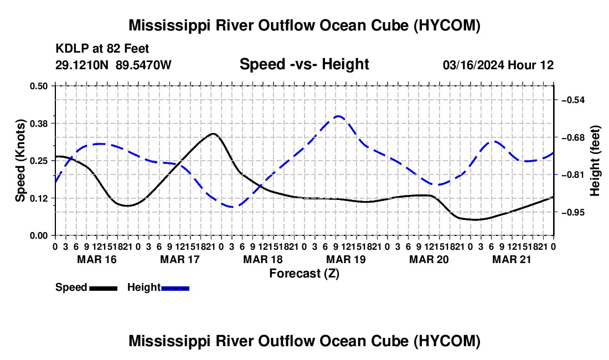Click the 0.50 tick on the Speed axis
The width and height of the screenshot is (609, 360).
(38, 86)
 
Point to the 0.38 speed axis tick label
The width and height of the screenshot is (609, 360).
(38, 124)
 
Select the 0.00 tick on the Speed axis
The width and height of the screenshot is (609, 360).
(38, 236)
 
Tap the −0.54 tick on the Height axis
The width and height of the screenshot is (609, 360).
(573, 100)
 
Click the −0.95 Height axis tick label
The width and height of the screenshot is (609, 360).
(573, 213)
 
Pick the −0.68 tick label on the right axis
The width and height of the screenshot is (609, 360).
(573, 137)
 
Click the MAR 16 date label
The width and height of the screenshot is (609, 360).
(97, 259)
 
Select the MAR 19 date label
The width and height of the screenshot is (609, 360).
(346, 259)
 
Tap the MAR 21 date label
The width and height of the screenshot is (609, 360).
(512, 259)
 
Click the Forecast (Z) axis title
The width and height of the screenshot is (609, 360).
(304, 274)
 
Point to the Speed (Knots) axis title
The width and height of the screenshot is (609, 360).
(20, 161)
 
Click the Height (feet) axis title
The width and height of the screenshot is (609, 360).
(595, 161)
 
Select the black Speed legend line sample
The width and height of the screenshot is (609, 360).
(104, 288)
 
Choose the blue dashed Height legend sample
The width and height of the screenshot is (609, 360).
(175, 288)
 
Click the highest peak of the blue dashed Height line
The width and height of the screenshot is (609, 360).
(338, 116)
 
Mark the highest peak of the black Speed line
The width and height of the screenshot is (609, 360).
(213, 133)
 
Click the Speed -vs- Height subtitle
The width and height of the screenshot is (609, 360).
(304, 64)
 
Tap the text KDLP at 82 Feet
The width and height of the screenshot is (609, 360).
(102, 49)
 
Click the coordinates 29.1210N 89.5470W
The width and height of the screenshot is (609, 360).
(113, 65)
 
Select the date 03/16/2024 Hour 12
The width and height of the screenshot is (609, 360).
(498, 65)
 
